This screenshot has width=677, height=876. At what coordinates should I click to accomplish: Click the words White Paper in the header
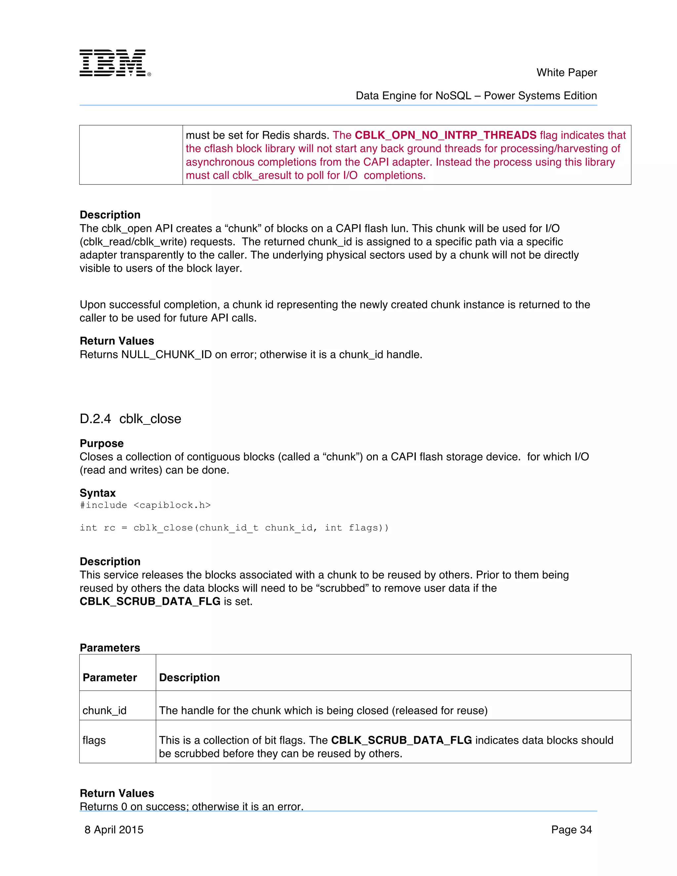pyautogui.click(x=566, y=73)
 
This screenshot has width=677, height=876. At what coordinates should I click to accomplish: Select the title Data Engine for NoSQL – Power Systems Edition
pyautogui.click(x=476, y=96)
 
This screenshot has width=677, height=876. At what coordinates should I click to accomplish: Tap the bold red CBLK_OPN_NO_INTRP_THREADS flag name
pyautogui.click(x=445, y=135)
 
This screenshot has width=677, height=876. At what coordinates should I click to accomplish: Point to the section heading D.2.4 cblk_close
pyautogui.click(x=130, y=419)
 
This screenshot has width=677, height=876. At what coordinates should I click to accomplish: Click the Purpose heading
pyautogui.click(x=101, y=443)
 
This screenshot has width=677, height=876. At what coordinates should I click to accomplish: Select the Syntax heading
pyautogui.click(x=98, y=493)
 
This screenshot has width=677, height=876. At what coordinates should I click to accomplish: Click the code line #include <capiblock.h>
pyautogui.click(x=145, y=505)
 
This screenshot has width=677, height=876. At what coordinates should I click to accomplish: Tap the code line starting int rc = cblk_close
pyautogui.click(x=234, y=528)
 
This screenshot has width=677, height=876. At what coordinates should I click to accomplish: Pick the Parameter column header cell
pyautogui.click(x=110, y=677)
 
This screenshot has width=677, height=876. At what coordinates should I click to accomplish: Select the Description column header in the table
pyautogui.click(x=189, y=677)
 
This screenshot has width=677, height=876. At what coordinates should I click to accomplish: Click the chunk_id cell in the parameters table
pyautogui.click(x=105, y=710)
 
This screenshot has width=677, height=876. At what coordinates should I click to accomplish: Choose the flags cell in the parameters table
pyautogui.click(x=94, y=740)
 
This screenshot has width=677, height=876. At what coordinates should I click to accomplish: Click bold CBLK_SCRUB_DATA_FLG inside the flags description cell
pyautogui.click(x=401, y=740)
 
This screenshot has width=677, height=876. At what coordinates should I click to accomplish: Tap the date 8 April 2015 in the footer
pyautogui.click(x=114, y=829)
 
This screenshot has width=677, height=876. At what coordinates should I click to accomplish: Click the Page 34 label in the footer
pyautogui.click(x=571, y=829)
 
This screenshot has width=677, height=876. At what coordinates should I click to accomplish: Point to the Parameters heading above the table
pyautogui.click(x=110, y=648)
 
